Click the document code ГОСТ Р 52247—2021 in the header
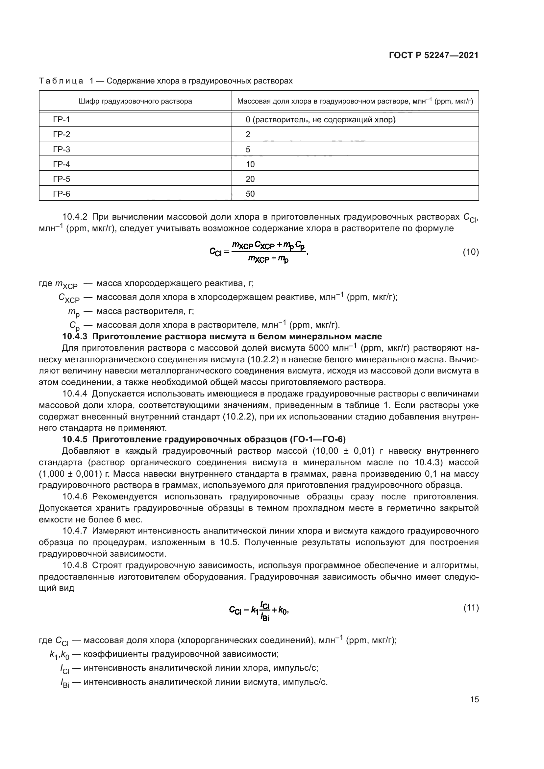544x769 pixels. [433, 56]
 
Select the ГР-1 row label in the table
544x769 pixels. [61, 120]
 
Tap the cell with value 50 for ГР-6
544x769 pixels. [250, 194]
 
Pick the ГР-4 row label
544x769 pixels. [61, 164]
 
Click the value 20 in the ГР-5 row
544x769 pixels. [250, 179]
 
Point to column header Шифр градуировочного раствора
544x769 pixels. [135, 101]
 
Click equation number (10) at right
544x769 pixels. [471, 252]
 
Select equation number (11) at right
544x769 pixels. [471, 608]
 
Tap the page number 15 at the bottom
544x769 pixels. [474, 699]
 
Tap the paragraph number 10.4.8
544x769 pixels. [75, 565]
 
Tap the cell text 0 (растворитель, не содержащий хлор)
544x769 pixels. [320, 120]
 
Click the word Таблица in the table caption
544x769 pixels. [61, 81]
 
